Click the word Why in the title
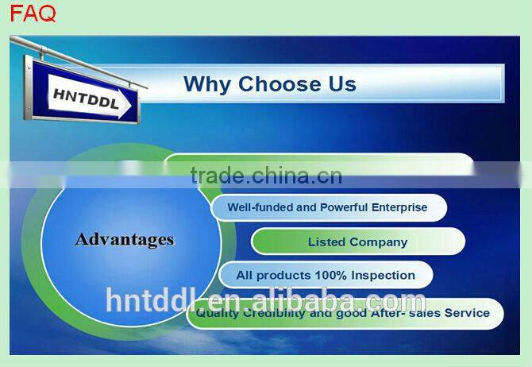[208, 83]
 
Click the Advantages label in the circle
[125, 239]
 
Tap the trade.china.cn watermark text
[266, 176]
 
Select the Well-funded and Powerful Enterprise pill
[328, 207]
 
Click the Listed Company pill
[358, 241]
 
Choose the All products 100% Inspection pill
[326, 276]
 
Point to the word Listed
[327, 241]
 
